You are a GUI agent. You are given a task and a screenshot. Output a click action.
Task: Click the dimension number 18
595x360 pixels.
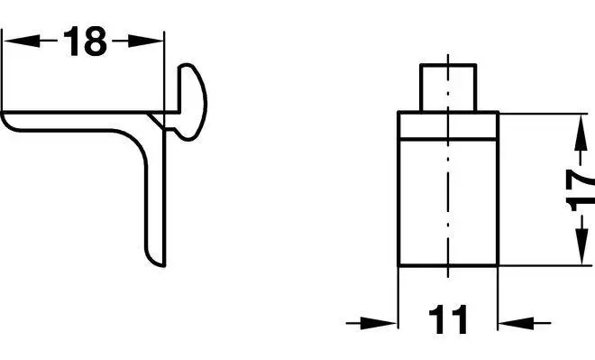pos(85,41)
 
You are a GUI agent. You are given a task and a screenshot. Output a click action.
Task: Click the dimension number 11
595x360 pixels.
pos(448,319)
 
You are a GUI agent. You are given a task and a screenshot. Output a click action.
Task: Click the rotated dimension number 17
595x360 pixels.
pos(581,189)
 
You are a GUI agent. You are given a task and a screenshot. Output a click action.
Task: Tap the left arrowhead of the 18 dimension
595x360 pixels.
pos(22,41)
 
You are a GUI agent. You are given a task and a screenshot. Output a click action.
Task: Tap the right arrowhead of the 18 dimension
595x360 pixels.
pos(146,41)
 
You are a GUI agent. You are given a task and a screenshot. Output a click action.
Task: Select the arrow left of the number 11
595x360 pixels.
pos(371,323)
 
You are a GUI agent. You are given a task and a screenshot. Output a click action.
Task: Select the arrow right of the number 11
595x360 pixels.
pos(524,323)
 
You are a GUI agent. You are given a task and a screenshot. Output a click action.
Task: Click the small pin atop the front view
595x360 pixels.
pos(448,88)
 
